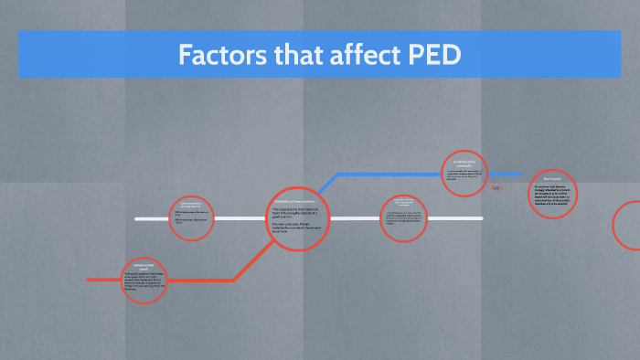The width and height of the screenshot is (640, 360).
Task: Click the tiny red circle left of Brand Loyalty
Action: click(x=496, y=187)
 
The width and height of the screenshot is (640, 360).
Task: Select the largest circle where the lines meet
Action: click(x=298, y=219)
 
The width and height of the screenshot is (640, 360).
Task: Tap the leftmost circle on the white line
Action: click(x=193, y=217)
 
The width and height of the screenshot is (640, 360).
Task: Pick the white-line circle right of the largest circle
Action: click(x=403, y=218)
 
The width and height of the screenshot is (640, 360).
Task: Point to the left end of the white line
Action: click(x=137, y=219)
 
